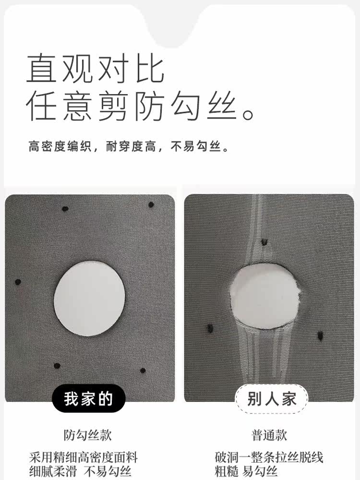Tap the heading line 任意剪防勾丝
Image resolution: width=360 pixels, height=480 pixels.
[139, 107]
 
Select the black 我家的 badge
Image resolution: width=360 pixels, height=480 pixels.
[88, 399]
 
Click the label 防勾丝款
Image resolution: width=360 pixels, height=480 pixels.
[88, 435]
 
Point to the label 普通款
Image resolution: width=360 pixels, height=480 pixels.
[269, 435]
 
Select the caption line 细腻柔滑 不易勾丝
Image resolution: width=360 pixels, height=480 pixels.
[80, 471]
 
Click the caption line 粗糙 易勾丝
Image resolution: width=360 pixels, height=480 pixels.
[246, 471]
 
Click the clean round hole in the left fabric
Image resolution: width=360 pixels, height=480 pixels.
[90, 293]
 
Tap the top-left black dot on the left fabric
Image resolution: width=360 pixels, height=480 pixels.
[65, 209]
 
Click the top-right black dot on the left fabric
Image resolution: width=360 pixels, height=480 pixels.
[151, 205]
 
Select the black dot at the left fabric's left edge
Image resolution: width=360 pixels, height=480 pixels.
[18, 282]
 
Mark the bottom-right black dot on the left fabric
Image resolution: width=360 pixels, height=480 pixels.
[143, 370]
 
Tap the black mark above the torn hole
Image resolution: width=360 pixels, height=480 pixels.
[264, 242]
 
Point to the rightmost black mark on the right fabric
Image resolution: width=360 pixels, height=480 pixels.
[319, 334]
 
